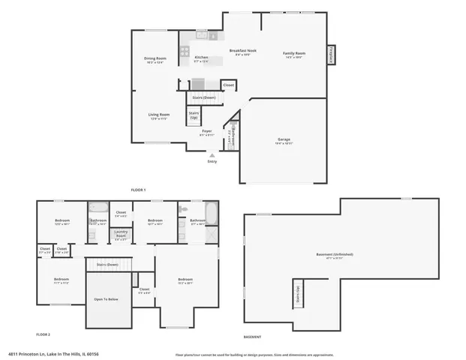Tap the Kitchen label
tap(201, 58)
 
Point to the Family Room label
tap(294, 53)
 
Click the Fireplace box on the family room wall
tap(331, 55)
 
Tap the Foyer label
tap(206, 132)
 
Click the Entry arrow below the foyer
tap(212, 156)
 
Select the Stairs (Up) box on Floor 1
tap(194, 115)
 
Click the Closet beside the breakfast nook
tap(228, 85)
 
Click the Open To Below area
tap(107, 298)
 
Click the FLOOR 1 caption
tap(138, 190)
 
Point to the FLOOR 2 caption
tap(44, 334)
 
